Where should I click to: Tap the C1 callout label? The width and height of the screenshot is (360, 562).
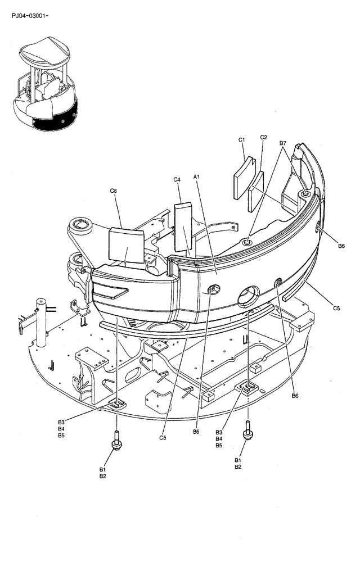click(x=242, y=139)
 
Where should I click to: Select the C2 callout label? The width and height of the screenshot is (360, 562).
click(x=264, y=137)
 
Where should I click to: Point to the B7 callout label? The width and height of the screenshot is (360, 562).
click(x=283, y=144)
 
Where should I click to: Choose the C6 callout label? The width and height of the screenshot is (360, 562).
click(x=113, y=191)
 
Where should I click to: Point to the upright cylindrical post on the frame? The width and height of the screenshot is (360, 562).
click(x=41, y=325)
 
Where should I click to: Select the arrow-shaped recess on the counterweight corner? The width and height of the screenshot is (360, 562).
click(x=112, y=291)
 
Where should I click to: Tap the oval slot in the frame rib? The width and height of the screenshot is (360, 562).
click(x=133, y=387)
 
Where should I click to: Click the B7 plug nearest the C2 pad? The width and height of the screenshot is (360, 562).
click(x=247, y=242)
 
